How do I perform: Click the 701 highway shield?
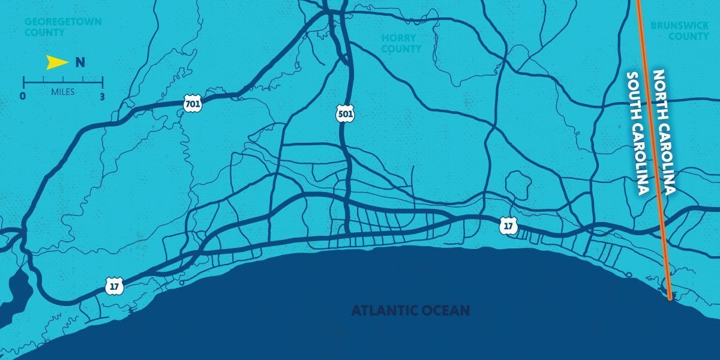point(193,103)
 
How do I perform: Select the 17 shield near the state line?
point(508,226)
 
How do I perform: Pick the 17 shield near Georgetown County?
point(114,286)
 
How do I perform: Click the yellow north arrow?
point(58,61)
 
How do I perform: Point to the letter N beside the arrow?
point(80,62)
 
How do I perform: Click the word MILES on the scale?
point(63,92)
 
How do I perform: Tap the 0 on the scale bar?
point(23,95)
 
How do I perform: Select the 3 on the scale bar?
point(103,95)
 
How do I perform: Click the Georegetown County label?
point(62,27)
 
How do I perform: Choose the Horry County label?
point(401,43)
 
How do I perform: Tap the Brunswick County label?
point(680,31)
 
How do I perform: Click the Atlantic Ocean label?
point(410,311)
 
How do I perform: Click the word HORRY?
point(399,38)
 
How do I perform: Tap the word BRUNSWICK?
point(680,26)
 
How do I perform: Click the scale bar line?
point(63,82)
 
